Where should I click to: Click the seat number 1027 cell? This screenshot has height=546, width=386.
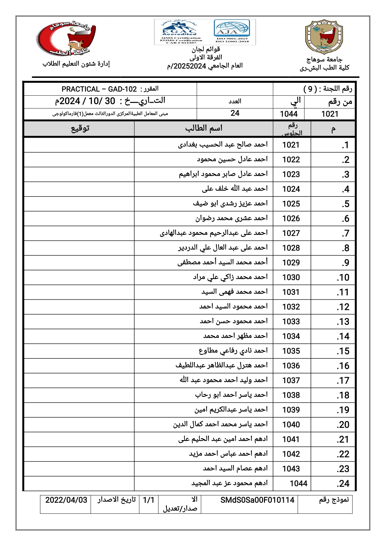coord(291,233)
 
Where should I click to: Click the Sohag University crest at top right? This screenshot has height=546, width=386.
coord(324,37)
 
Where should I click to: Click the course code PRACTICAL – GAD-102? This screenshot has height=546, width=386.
coord(99,89)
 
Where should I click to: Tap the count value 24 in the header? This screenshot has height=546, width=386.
coord(235,113)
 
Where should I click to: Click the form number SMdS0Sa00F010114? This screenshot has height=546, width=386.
coord(257,500)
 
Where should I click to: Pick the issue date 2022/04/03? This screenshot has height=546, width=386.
coord(66,500)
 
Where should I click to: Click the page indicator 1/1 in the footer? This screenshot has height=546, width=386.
coord(148,500)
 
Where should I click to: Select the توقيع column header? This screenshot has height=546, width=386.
coord(80,128)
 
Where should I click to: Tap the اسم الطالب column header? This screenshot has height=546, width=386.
coord(204,128)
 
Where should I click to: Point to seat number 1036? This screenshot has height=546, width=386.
coord(291,366)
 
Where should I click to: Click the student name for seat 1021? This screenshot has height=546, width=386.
coord(223,145)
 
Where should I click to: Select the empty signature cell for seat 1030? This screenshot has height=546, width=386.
coord(79,277)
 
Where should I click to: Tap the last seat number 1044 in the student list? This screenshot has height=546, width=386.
coord(298,483)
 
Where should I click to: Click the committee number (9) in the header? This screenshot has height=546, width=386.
coord(310,89)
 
